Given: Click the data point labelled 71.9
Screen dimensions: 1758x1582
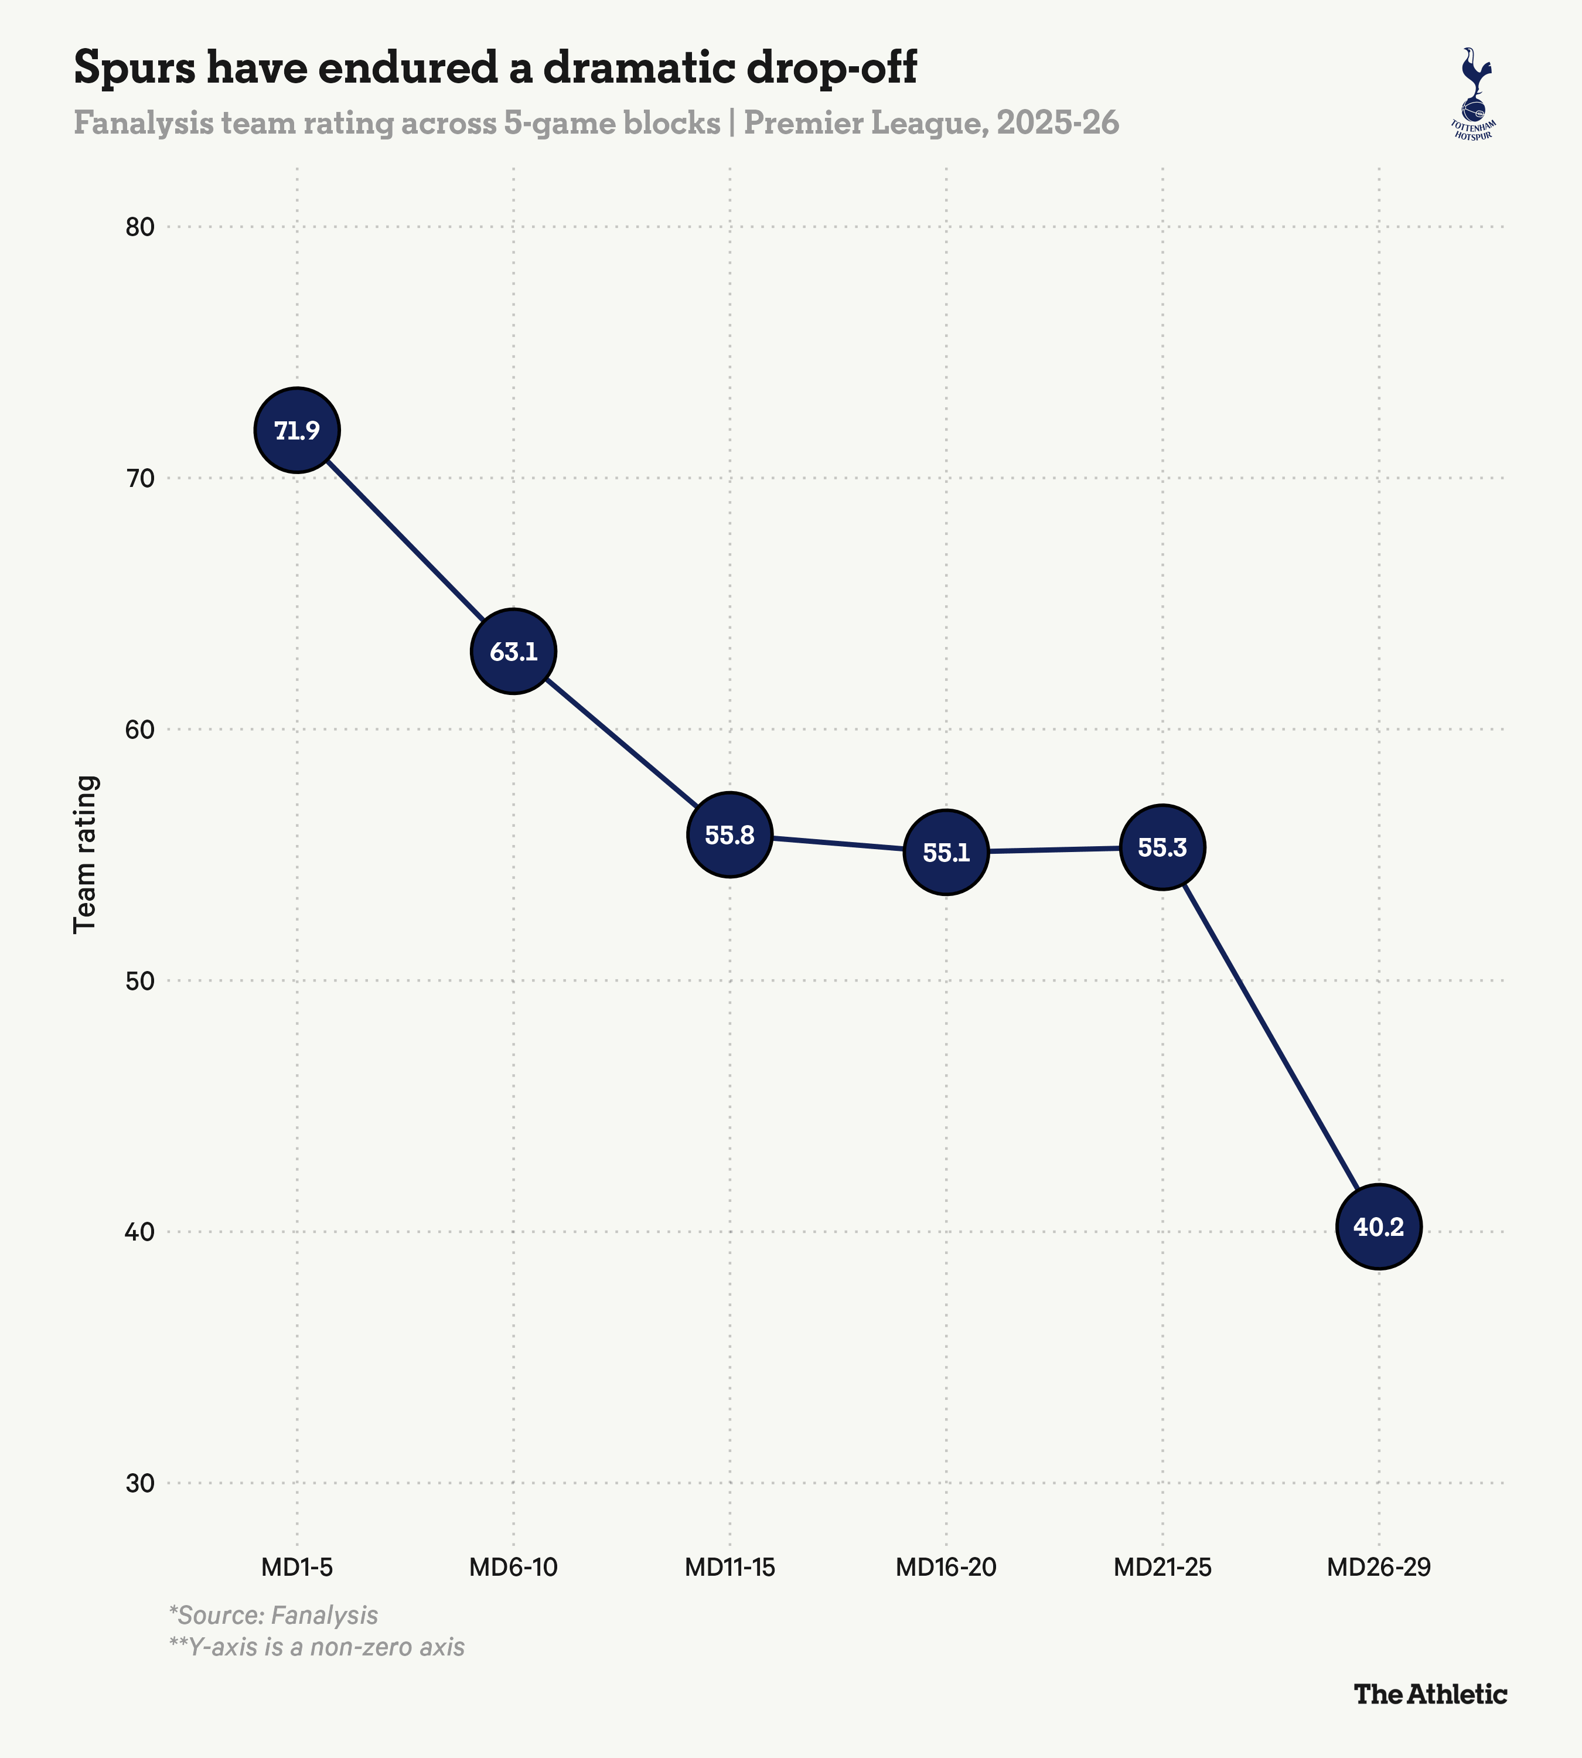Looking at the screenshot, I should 297,430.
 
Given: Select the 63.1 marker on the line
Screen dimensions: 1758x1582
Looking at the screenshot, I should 514,651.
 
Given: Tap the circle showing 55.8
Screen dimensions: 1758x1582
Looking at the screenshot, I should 730,834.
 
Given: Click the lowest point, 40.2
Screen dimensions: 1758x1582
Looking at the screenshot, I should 1379,1226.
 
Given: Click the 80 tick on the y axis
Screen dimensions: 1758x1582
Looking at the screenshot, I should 139,228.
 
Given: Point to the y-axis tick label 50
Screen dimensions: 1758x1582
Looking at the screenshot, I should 139,982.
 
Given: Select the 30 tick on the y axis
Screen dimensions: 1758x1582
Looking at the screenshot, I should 139,1483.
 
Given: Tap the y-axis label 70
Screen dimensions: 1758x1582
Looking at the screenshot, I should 139,479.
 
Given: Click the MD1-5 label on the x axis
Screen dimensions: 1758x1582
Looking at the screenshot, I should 297,1568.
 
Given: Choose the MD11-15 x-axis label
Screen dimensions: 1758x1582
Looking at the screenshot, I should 730,1568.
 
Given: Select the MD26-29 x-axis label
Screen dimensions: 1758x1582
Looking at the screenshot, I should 1379,1568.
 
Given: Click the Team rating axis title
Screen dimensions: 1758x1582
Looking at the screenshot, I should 85,854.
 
